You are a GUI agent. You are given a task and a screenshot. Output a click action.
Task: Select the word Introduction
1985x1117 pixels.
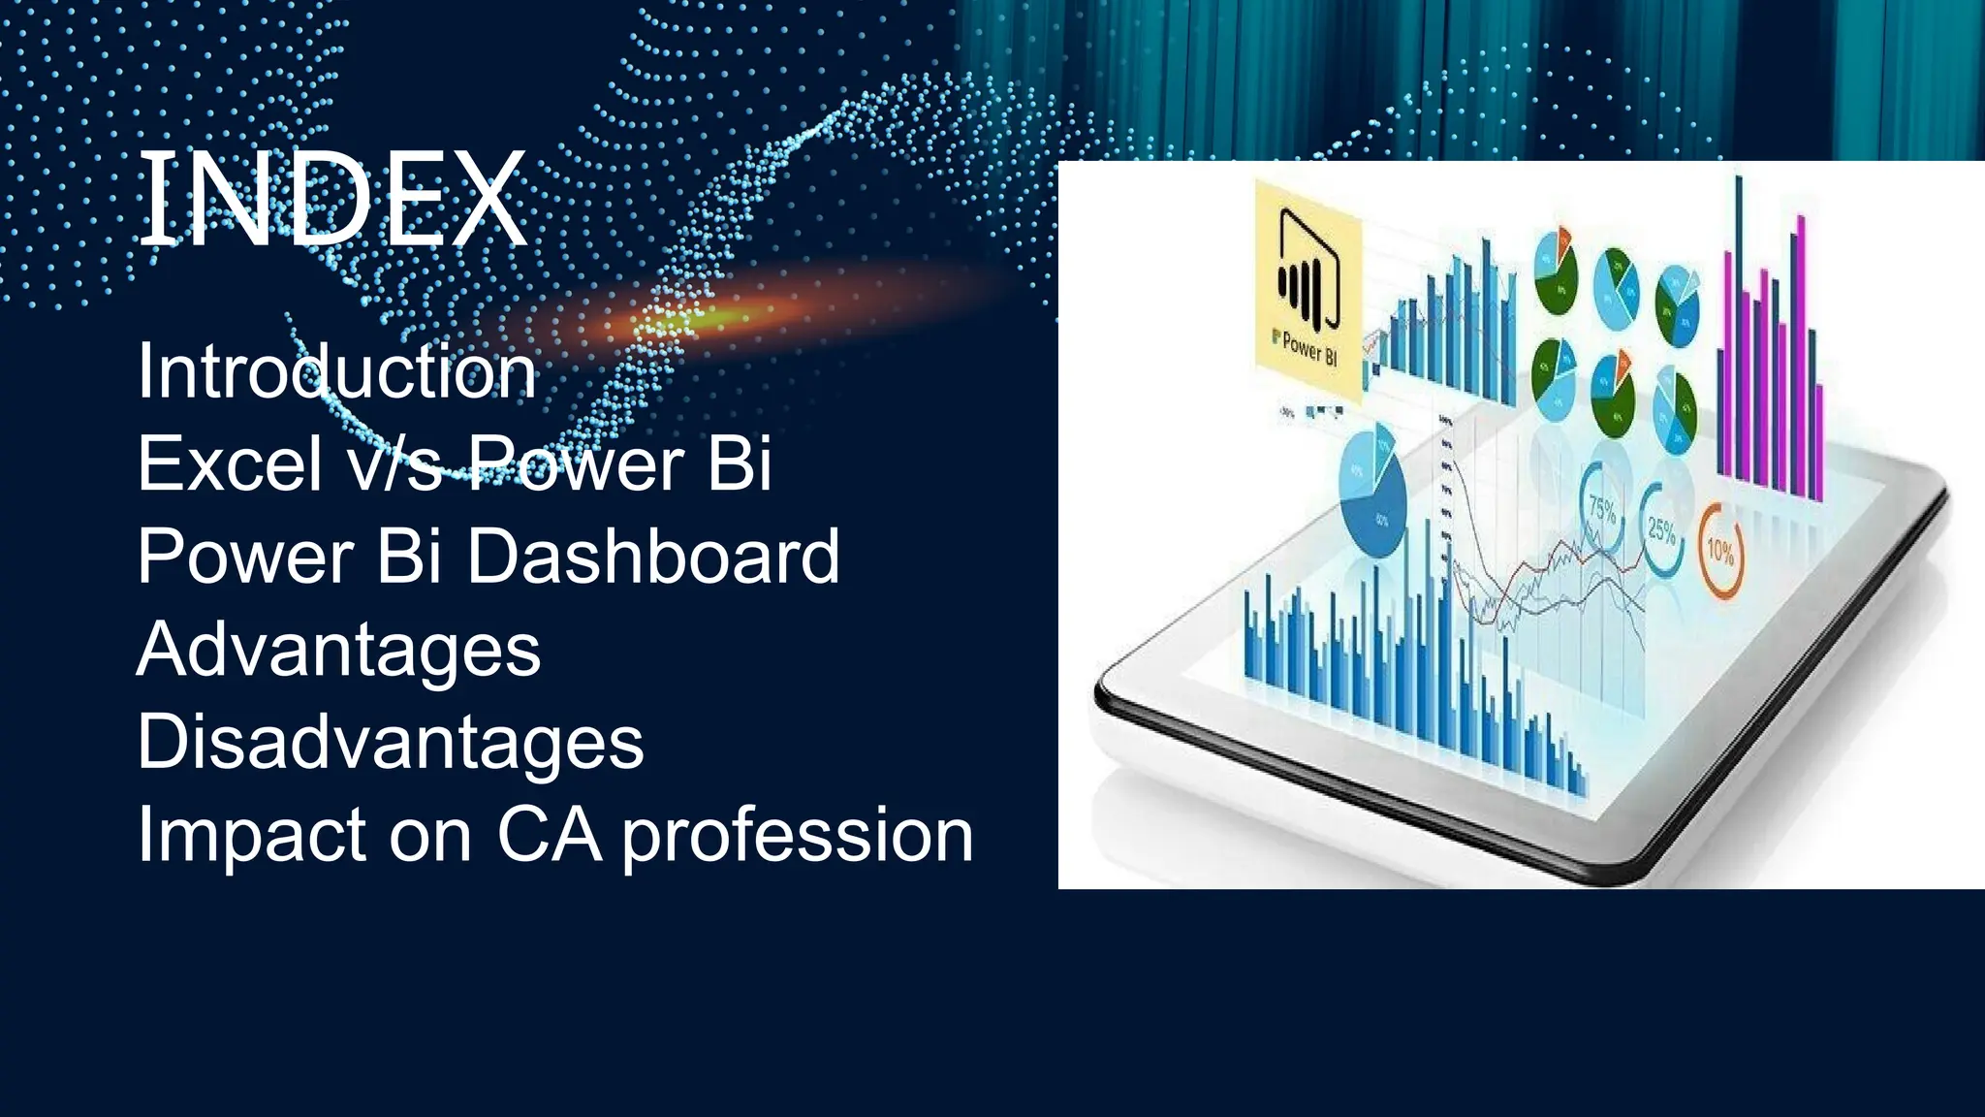tap(336, 371)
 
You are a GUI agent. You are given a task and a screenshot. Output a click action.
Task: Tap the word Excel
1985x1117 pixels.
tap(229, 463)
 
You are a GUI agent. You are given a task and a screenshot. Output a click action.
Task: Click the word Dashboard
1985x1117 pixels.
tap(653, 557)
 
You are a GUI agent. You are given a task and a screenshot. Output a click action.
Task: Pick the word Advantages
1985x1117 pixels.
tap(338, 650)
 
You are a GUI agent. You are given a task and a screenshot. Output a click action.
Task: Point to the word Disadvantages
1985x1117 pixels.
tap(390, 742)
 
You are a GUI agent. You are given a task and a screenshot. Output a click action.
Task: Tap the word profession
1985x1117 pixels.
tap(797, 836)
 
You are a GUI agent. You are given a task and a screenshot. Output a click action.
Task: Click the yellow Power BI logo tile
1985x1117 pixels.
tap(1308, 291)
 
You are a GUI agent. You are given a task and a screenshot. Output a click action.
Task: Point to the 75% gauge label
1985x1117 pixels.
tap(1602, 509)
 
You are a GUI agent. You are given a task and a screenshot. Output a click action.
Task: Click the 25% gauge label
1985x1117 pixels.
tap(1661, 529)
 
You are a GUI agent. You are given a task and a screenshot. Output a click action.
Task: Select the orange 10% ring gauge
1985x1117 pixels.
tap(1721, 549)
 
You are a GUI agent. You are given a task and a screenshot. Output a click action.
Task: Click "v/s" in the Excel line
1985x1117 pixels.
tap(394, 463)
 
